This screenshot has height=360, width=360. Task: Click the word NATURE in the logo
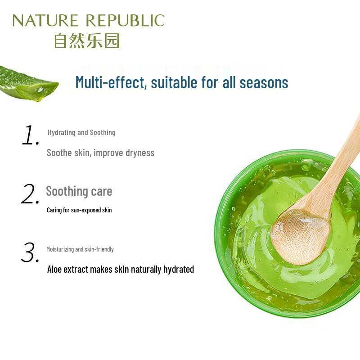45,21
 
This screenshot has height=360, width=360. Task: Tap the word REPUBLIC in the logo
125,21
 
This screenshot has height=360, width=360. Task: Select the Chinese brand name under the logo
87,40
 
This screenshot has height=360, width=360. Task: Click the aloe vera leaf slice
27,84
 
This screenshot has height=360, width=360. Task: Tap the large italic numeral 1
31,135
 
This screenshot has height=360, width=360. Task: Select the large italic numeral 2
31,194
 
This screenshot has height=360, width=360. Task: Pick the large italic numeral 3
31,253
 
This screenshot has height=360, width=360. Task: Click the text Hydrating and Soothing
81,132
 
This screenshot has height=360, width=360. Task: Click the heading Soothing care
79,191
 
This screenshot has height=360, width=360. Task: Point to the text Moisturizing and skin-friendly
80,249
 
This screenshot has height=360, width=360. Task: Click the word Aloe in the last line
56,270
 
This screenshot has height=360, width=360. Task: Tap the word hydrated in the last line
179,270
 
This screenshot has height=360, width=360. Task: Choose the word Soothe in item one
59,153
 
